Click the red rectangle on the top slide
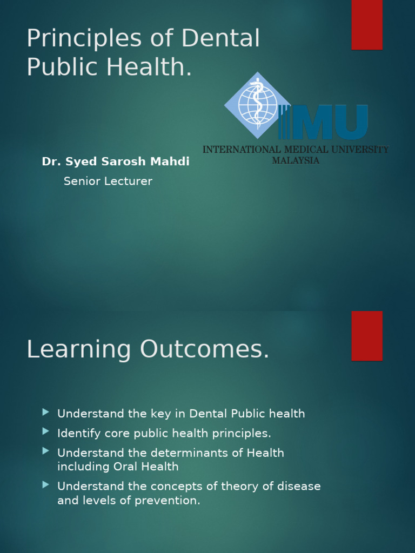(367, 25)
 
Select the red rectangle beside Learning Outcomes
(367, 335)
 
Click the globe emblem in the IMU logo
(257, 104)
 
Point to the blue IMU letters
(324, 122)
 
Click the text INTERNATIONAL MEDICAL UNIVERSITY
(296, 150)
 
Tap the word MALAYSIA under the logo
(296, 160)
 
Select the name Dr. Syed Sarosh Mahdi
(116, 162)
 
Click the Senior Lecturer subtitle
(108, 181)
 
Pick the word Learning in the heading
(79, 350)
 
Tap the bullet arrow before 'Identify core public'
(45, 431)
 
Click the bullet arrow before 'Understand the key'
(45, 412)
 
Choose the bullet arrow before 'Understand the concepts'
(45, 485)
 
